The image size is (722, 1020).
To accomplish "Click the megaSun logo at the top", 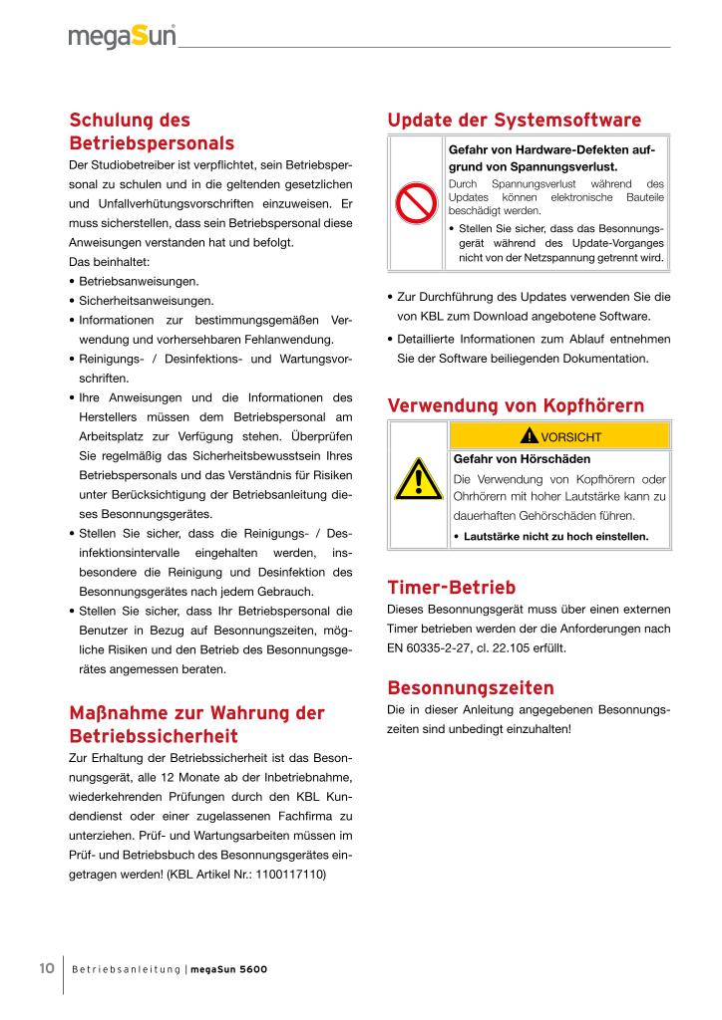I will [122, 38].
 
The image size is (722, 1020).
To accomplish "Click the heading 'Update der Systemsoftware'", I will [514, 121].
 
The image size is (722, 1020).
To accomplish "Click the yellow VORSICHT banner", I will [559, 436].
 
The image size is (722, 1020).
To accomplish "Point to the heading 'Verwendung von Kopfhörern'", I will [515, 405].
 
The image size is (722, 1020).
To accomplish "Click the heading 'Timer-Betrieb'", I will [451, 588].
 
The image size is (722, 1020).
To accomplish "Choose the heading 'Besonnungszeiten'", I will [470, 688].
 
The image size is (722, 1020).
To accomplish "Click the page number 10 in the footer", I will [47, 968].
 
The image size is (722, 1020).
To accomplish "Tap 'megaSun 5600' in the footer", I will [228, 969].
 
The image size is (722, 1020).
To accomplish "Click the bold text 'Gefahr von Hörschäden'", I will [508, 459].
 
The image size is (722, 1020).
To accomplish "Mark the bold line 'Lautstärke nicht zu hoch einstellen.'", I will [555, 536].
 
